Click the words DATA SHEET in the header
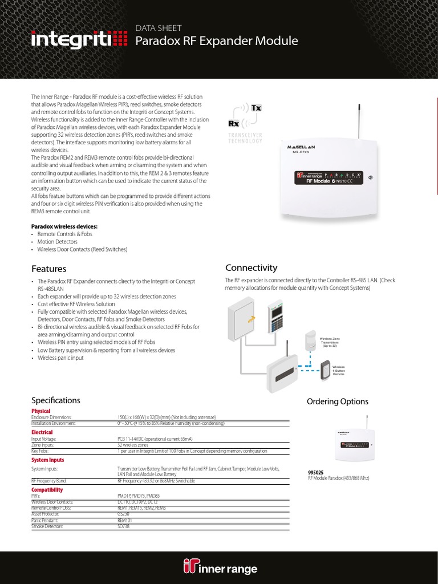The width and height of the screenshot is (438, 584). [x=158, y=27]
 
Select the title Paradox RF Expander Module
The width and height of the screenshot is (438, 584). [x=216, y=41]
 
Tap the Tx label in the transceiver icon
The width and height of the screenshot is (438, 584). [x=256, y=108]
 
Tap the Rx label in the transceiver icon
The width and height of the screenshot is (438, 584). [x=233, y=123]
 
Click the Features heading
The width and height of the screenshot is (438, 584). [x=48, y=269]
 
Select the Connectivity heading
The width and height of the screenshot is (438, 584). [x=251, y=267]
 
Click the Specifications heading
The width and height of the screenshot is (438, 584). [x=55, y=400]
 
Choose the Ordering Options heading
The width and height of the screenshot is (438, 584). [x=338, y=401]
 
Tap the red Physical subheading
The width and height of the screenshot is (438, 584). [x=40, y=411]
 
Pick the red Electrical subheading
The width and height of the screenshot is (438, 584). [x=42, y=432]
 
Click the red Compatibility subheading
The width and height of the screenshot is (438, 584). [x=47, y=489]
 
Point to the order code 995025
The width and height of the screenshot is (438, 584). [x=315, y=472]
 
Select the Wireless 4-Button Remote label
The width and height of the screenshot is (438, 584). [x=339, y=370]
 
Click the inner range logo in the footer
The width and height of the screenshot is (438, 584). [x=220, y=567]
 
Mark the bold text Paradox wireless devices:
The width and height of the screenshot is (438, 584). [x=64, y=226]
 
